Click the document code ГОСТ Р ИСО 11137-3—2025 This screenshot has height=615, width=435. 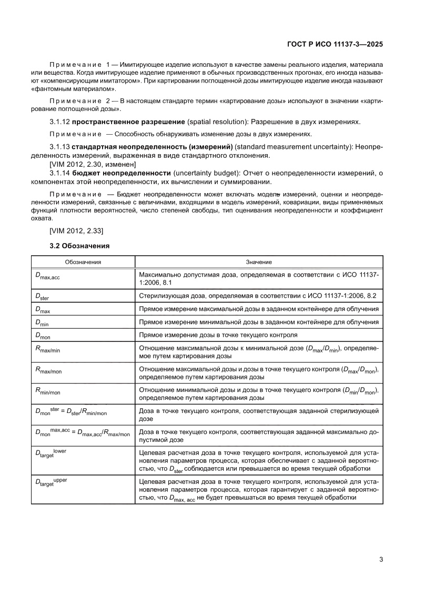click(x=335, y=45)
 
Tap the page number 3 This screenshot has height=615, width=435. click(x=380, y=559)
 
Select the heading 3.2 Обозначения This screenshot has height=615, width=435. click(x=79, y=245)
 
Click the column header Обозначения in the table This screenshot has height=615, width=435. click(x=83, y=261)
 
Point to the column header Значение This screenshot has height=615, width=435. click(x=259, y=261)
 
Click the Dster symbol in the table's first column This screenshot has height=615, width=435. click(x=42, y=297)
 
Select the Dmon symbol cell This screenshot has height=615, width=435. click(x=43, y=336)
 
